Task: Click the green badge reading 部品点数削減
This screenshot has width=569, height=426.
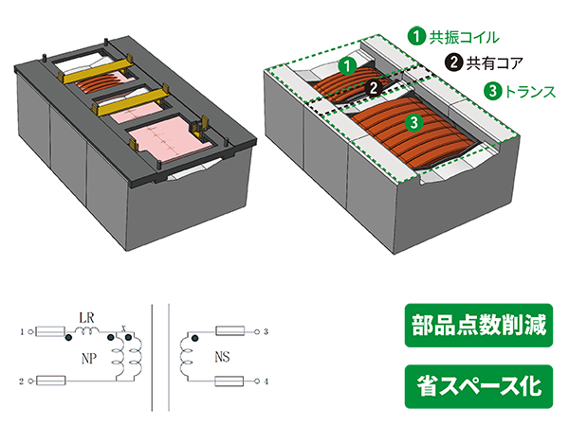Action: pyautogui.click(x=479, y=326)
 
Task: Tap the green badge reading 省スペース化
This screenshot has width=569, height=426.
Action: pyautogui.click(x=479, y=386)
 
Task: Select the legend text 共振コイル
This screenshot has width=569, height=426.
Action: pyautogui.click(x=464, y=37)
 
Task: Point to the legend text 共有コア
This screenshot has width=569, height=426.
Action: pyautogui.click(x=494, y=63)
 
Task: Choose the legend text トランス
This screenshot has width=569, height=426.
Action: pyautogui.click(x=530, y=91)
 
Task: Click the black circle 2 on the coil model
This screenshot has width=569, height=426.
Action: pyautogui.click(x=374, y=87)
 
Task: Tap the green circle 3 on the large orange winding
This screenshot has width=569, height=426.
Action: pyautogui.click(x=414, y=122)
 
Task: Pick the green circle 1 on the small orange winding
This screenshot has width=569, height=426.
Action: pyautogui.click(x=348, y=66)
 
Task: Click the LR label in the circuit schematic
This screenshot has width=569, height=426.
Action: pyautogui.click(x=86, y=318)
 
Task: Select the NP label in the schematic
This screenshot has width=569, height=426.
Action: pyautogui.click(x=89, y=359)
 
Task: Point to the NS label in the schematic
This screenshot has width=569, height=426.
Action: pyautogui.click(x=222, y=357)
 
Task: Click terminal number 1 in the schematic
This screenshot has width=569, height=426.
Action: pyautogui.click(x=22, y=331)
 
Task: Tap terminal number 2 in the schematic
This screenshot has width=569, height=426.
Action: pyautogui.click(x=22, y=382)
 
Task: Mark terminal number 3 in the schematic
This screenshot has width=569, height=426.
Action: pyautogui.click(x=266, y=331)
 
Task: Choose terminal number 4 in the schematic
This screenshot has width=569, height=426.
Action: pyautogui.click(x=266, y=382)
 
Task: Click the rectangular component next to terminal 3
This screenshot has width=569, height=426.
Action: pyautogui.click(x=230, y=331)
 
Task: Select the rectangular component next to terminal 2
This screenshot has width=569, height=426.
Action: pyautogui.click(x=51, y=381)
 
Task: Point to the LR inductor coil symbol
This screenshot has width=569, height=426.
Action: pyautogui.click(x=86, y=330)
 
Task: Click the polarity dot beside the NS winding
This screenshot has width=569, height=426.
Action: pyautogui.click(x=195, y=338)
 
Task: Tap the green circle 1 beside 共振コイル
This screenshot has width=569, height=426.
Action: pyautogui.click(x=416, y=37)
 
